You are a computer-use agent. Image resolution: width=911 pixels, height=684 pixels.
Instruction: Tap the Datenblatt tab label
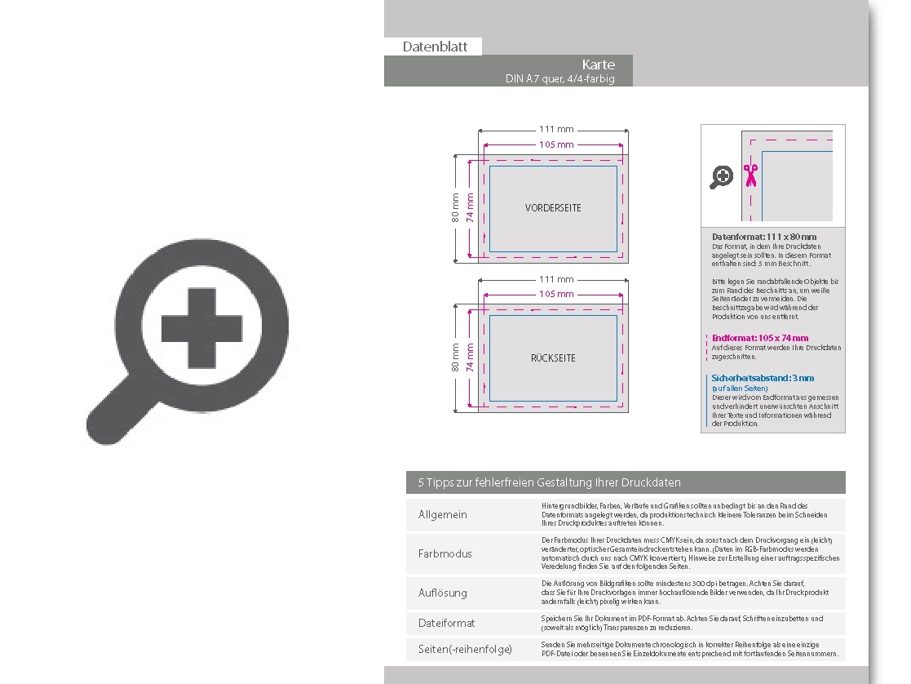[435, 47]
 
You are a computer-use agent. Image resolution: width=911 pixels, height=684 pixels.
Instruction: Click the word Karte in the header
[598, 64]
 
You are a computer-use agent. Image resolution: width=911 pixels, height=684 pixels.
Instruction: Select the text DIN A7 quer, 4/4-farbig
[559, 79]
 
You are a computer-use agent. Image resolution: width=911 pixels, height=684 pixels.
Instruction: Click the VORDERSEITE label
[553, 208]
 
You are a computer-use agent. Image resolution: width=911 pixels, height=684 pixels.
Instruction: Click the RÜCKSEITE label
[553, 358]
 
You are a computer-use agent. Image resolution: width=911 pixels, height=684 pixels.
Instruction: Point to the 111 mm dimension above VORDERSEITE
[555, 129]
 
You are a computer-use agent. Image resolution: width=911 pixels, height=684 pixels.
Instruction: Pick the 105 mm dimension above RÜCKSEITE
[555, 294]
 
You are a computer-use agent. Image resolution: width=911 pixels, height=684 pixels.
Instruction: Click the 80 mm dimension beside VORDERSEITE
[456, 207]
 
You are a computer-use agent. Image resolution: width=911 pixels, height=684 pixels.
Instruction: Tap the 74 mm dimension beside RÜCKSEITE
[470, 358]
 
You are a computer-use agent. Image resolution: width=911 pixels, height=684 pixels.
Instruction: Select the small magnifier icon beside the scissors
[722, 176]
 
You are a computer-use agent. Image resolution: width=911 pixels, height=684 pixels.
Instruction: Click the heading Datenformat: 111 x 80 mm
[763, 237]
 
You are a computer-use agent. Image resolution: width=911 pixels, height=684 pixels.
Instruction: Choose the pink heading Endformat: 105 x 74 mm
[760, 338]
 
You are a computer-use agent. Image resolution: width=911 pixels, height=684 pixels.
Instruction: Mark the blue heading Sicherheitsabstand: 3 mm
[763, 379]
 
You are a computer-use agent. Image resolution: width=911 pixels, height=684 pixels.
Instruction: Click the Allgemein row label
[443, 515]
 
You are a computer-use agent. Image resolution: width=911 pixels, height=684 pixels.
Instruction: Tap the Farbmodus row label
[445, 553]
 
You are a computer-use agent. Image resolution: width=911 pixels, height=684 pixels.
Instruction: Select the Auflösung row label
[443, 593]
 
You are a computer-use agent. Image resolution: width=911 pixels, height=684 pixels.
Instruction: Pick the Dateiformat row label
[446, 623]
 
